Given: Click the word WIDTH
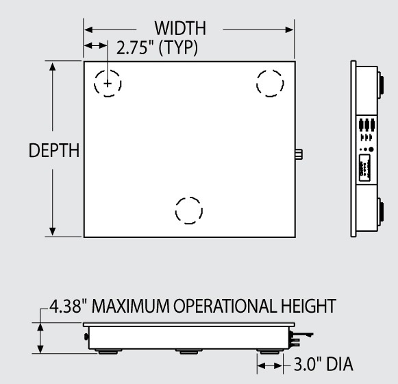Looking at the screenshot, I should (181, 30).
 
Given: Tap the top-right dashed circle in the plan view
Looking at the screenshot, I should (270, 83).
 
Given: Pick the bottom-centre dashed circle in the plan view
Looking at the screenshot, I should (188, 210).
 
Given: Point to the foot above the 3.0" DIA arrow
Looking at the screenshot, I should (269, 350).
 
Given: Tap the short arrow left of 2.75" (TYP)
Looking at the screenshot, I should (96, 46).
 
